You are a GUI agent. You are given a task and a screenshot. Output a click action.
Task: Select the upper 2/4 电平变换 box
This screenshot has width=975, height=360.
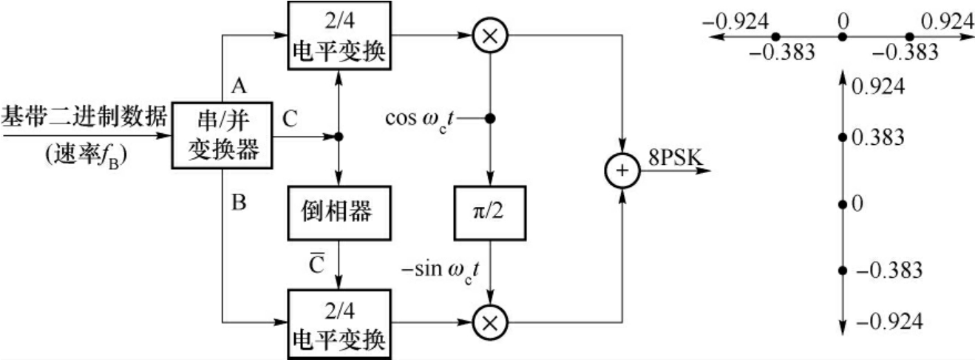338,38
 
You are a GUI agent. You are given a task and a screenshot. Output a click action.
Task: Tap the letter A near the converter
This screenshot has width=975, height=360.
238,86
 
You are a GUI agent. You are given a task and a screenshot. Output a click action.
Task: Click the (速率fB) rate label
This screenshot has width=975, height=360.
84,157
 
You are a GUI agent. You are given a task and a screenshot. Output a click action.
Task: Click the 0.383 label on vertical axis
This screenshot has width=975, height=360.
877,137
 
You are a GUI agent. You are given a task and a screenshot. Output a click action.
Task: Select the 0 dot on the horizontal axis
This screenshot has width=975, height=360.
842,36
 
